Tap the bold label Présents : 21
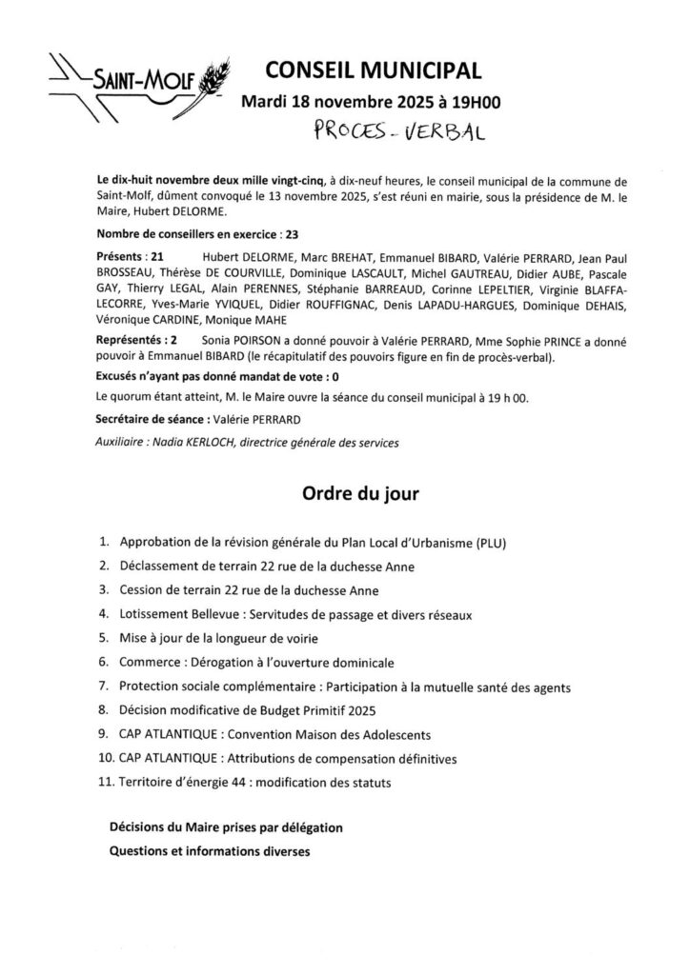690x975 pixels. click(x=132, y=257)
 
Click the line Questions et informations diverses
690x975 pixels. click(x=211, y=850)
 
